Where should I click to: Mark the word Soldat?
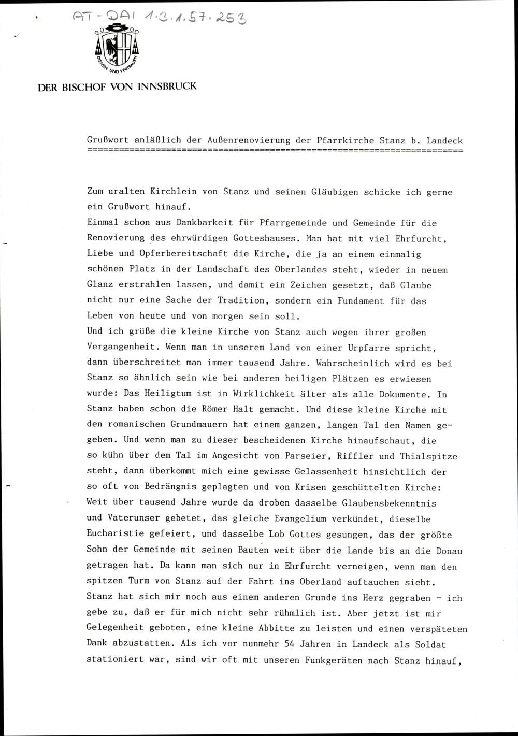tap(430, 645)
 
